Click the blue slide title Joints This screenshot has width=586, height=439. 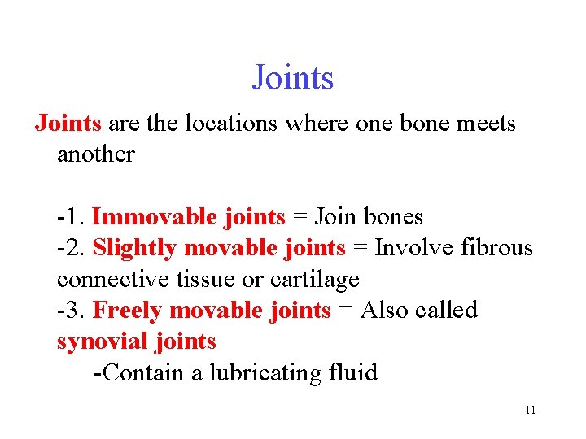[x=293, y=78]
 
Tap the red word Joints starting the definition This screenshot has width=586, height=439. [x=68, y=124]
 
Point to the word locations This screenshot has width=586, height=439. [x=230, y=124]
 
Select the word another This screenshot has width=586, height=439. [x=95, y=154]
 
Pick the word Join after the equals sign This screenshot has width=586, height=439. [x=337, y=217]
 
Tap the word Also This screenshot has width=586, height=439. [x=386, y=311]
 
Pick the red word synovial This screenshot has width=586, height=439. [x=101, y=341]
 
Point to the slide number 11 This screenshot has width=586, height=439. [x=530, y=411]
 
